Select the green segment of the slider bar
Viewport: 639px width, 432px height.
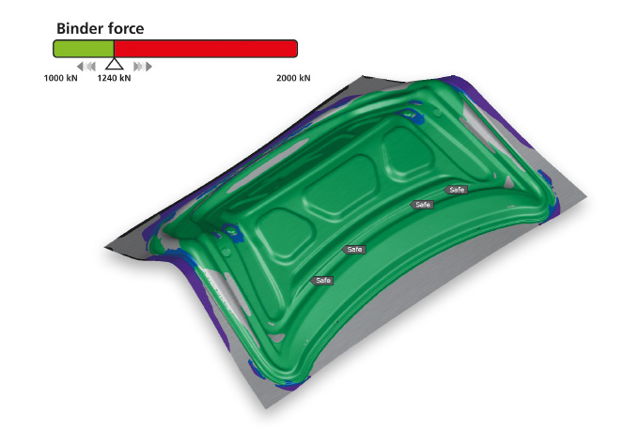[x=84, y=49]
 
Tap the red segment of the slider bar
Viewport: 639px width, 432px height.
[x=206, y=49]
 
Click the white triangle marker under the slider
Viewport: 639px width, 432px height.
[x=114, y=64]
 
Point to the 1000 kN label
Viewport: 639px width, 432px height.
[x=60, y=78]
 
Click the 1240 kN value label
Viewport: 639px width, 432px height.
[x=114, y=78]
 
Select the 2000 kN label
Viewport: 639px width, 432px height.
[x=293, y=78]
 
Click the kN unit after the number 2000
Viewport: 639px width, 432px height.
[x=304, y=78]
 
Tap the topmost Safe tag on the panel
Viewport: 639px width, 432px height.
[x=456, y=190]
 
